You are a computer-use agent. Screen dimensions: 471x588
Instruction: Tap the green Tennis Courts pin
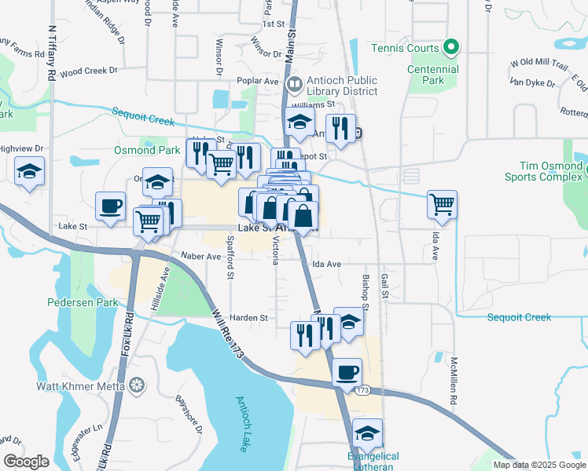click(x=451, y=49)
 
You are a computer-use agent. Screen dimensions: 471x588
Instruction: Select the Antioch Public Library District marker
click(x=295, y=82)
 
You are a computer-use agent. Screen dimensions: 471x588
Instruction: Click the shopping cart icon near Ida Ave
click(x=443, y=204)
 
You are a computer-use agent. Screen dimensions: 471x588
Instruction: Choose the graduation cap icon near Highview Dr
click(x=29, y=171)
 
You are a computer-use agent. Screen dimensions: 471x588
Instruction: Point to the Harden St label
click(x=249, y=318)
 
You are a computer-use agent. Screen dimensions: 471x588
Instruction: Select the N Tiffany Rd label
click(x=52, y=52)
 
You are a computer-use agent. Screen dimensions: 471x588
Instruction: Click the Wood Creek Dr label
click(x=88, y=71)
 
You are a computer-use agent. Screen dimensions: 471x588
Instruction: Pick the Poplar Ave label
click(x=259, y=81)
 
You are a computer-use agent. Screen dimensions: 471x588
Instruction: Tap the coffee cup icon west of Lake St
click(x=110, y=206)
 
